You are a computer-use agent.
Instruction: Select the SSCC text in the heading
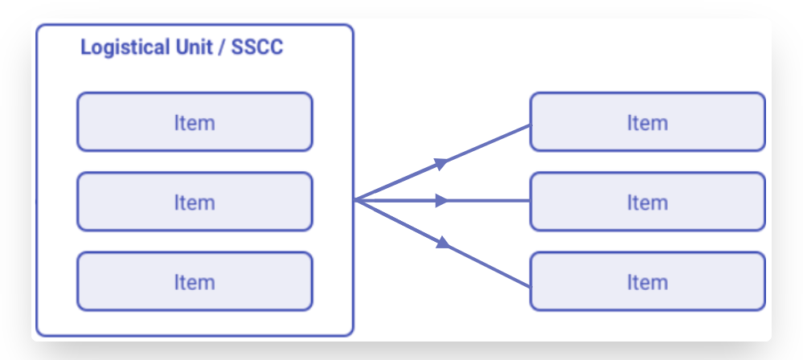[x=257, y=47]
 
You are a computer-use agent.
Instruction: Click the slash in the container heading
[x=222, y=47]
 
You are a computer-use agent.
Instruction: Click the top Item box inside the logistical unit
[x=195, y=122]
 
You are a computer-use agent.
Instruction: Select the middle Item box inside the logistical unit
[x=195, y=202]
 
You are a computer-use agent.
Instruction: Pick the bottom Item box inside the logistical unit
[x=195, y=281]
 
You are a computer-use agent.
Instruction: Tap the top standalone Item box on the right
[x=647, y=122]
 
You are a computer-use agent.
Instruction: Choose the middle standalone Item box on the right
[x=647, y=202]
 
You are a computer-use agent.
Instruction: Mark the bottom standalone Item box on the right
[x=647, y=281]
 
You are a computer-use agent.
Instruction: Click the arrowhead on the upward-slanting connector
[x=440, y=163]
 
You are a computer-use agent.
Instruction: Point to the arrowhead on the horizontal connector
[x=441, y=201]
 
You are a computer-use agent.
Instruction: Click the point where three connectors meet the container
[x=355, y=200]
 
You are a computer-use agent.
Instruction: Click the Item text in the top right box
[x=647, y=123]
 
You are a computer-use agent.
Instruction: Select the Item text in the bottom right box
[x=647, y=282]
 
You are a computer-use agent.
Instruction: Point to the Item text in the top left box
[x=195, y=123]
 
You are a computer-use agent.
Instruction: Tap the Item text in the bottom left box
[x=195, y=282]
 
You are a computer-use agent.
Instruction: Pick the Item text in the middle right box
[x=647, y=202]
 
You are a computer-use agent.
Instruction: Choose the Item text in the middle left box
[x=195, y=202]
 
